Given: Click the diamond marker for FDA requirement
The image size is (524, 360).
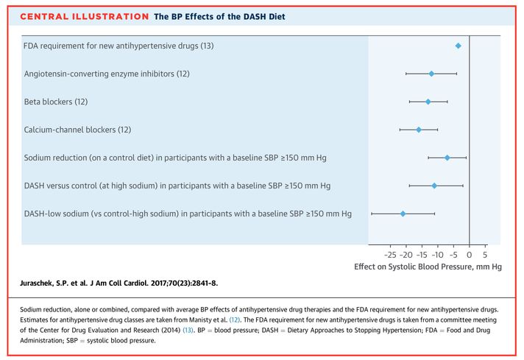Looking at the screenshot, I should coord(458,46).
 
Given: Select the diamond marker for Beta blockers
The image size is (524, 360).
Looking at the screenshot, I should coord(428,102).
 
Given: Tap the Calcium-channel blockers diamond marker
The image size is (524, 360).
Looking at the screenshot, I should coord(419,130).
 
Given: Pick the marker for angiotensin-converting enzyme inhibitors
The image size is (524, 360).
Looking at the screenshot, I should coord(431,74).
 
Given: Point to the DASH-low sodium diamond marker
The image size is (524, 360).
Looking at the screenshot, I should coord(403,213).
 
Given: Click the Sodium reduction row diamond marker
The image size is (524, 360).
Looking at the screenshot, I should coord(447,158).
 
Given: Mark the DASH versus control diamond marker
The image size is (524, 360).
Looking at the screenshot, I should coord(434,186).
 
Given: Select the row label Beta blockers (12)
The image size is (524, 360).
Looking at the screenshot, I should coord(60,102).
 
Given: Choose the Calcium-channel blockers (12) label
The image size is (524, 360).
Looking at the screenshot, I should coord(77,130).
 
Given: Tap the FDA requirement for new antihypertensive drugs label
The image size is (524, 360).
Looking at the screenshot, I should coord(118,46).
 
